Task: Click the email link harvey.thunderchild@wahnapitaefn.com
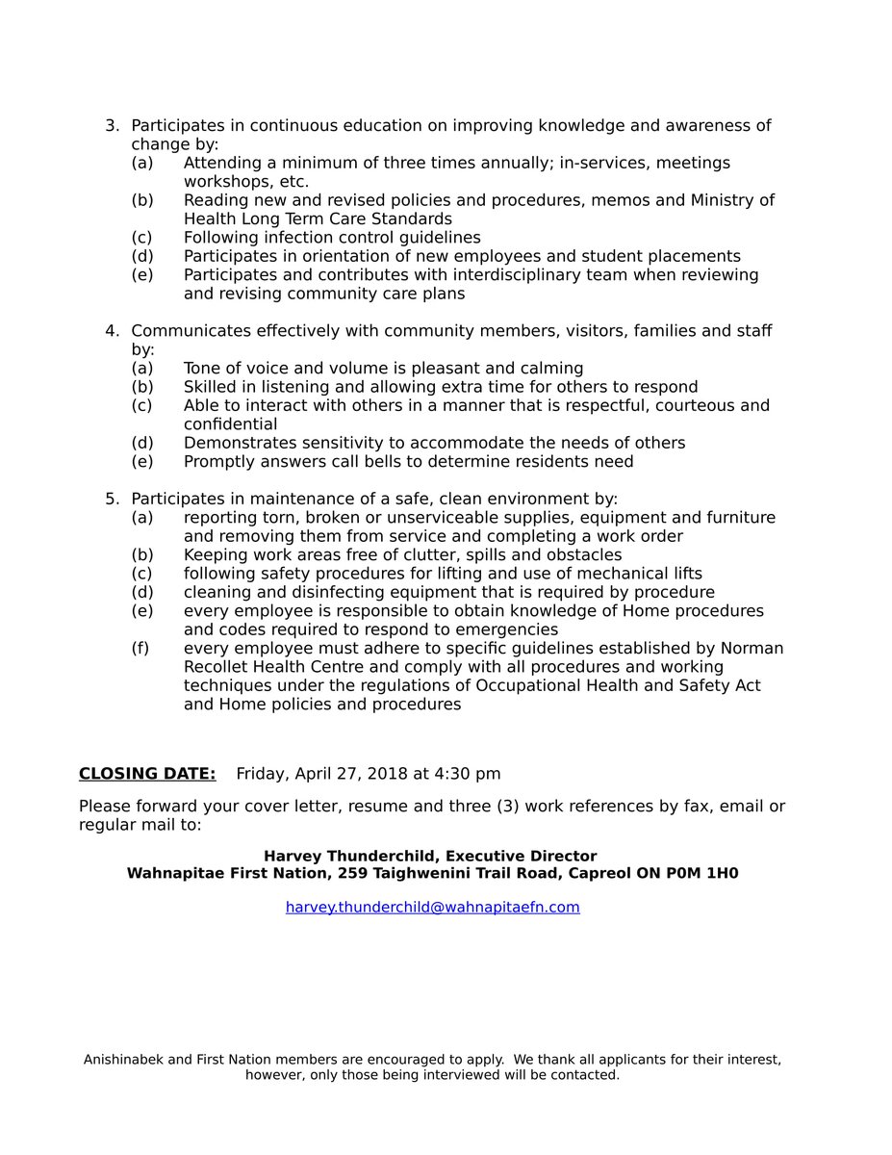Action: (432, 907)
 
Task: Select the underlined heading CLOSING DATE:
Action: (147, 774)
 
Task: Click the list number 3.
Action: (112, 126)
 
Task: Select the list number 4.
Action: (112, 331)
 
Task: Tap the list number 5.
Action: (112, 499)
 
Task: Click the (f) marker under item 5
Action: (140, 649)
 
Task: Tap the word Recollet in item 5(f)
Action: (220, 667)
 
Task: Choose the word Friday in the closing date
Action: (261, 774)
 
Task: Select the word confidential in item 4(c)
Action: (230, 423)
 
